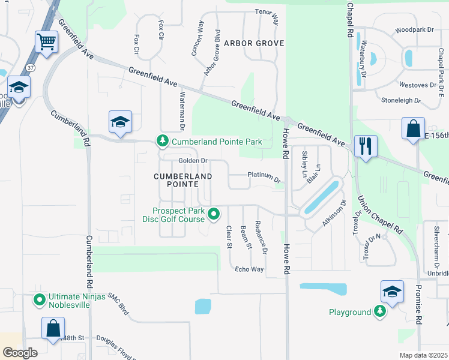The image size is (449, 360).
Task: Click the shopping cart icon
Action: [46, 43]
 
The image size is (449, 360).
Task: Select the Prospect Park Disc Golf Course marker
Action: [213, 213]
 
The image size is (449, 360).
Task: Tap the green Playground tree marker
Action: [380, 311]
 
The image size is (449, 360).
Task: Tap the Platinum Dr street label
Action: [264, 177]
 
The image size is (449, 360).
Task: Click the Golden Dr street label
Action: [193, 161]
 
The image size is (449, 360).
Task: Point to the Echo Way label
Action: [249, 269]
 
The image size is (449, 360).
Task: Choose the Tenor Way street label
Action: [268, 16]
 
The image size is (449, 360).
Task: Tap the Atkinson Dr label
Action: [335, 213]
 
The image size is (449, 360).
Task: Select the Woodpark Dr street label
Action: [414, 29]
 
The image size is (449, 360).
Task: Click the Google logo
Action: [20, 353]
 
